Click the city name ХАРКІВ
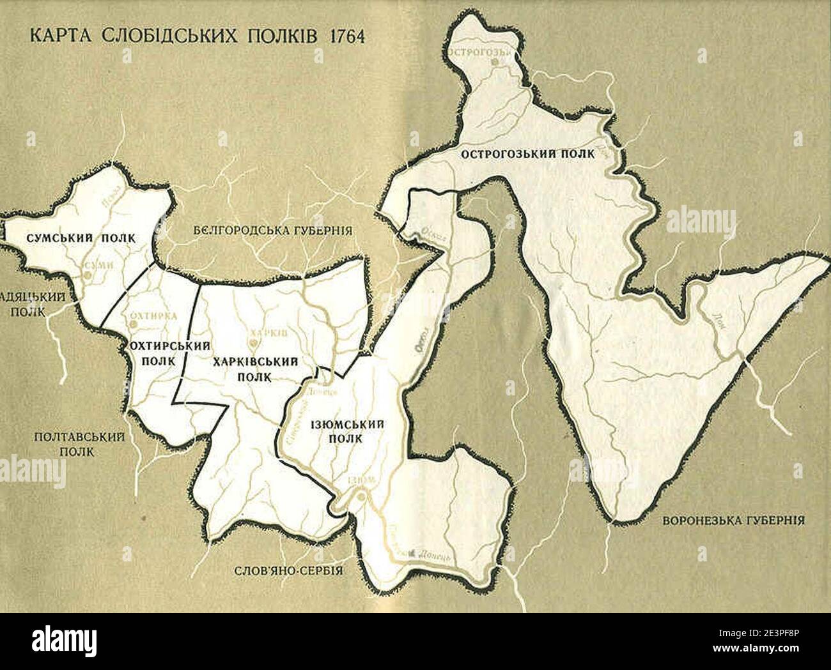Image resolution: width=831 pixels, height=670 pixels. (x=270, y=333)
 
